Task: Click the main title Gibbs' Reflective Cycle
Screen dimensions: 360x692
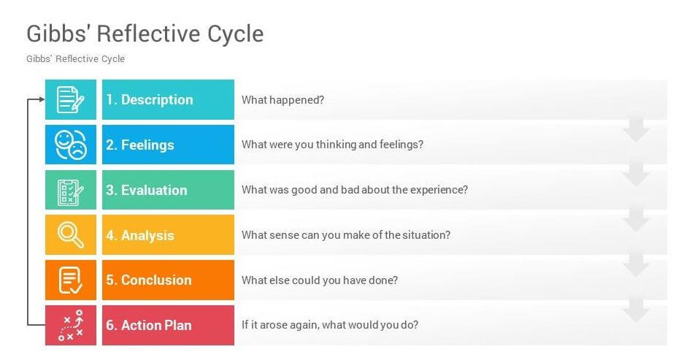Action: (145, 34)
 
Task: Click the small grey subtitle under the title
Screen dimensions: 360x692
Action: (75, 59)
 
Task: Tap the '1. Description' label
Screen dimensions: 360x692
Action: (150, 100)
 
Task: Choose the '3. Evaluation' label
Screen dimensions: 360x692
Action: (147, 191)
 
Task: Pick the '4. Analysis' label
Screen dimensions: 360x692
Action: (140, 236)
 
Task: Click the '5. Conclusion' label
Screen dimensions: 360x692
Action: (149, 280)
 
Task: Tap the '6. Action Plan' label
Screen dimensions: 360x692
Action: (149, 326)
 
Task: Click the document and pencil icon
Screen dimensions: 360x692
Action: (71, 100)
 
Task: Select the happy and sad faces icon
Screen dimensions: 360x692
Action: (71, 145)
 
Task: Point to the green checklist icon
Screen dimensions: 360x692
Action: (71, 191)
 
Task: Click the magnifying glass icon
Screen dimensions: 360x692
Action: (71, 235)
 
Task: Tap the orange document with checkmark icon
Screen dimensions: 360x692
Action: (71, 280)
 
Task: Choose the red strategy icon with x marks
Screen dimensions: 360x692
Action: (71, 326)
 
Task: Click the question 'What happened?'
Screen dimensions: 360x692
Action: (282, 100)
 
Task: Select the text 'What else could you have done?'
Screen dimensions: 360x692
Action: (320, 280)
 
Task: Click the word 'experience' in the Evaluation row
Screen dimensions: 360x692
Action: (439, 190)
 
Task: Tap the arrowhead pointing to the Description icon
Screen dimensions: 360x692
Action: (41, 99)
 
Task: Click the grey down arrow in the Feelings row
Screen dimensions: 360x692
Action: (637, 132)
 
